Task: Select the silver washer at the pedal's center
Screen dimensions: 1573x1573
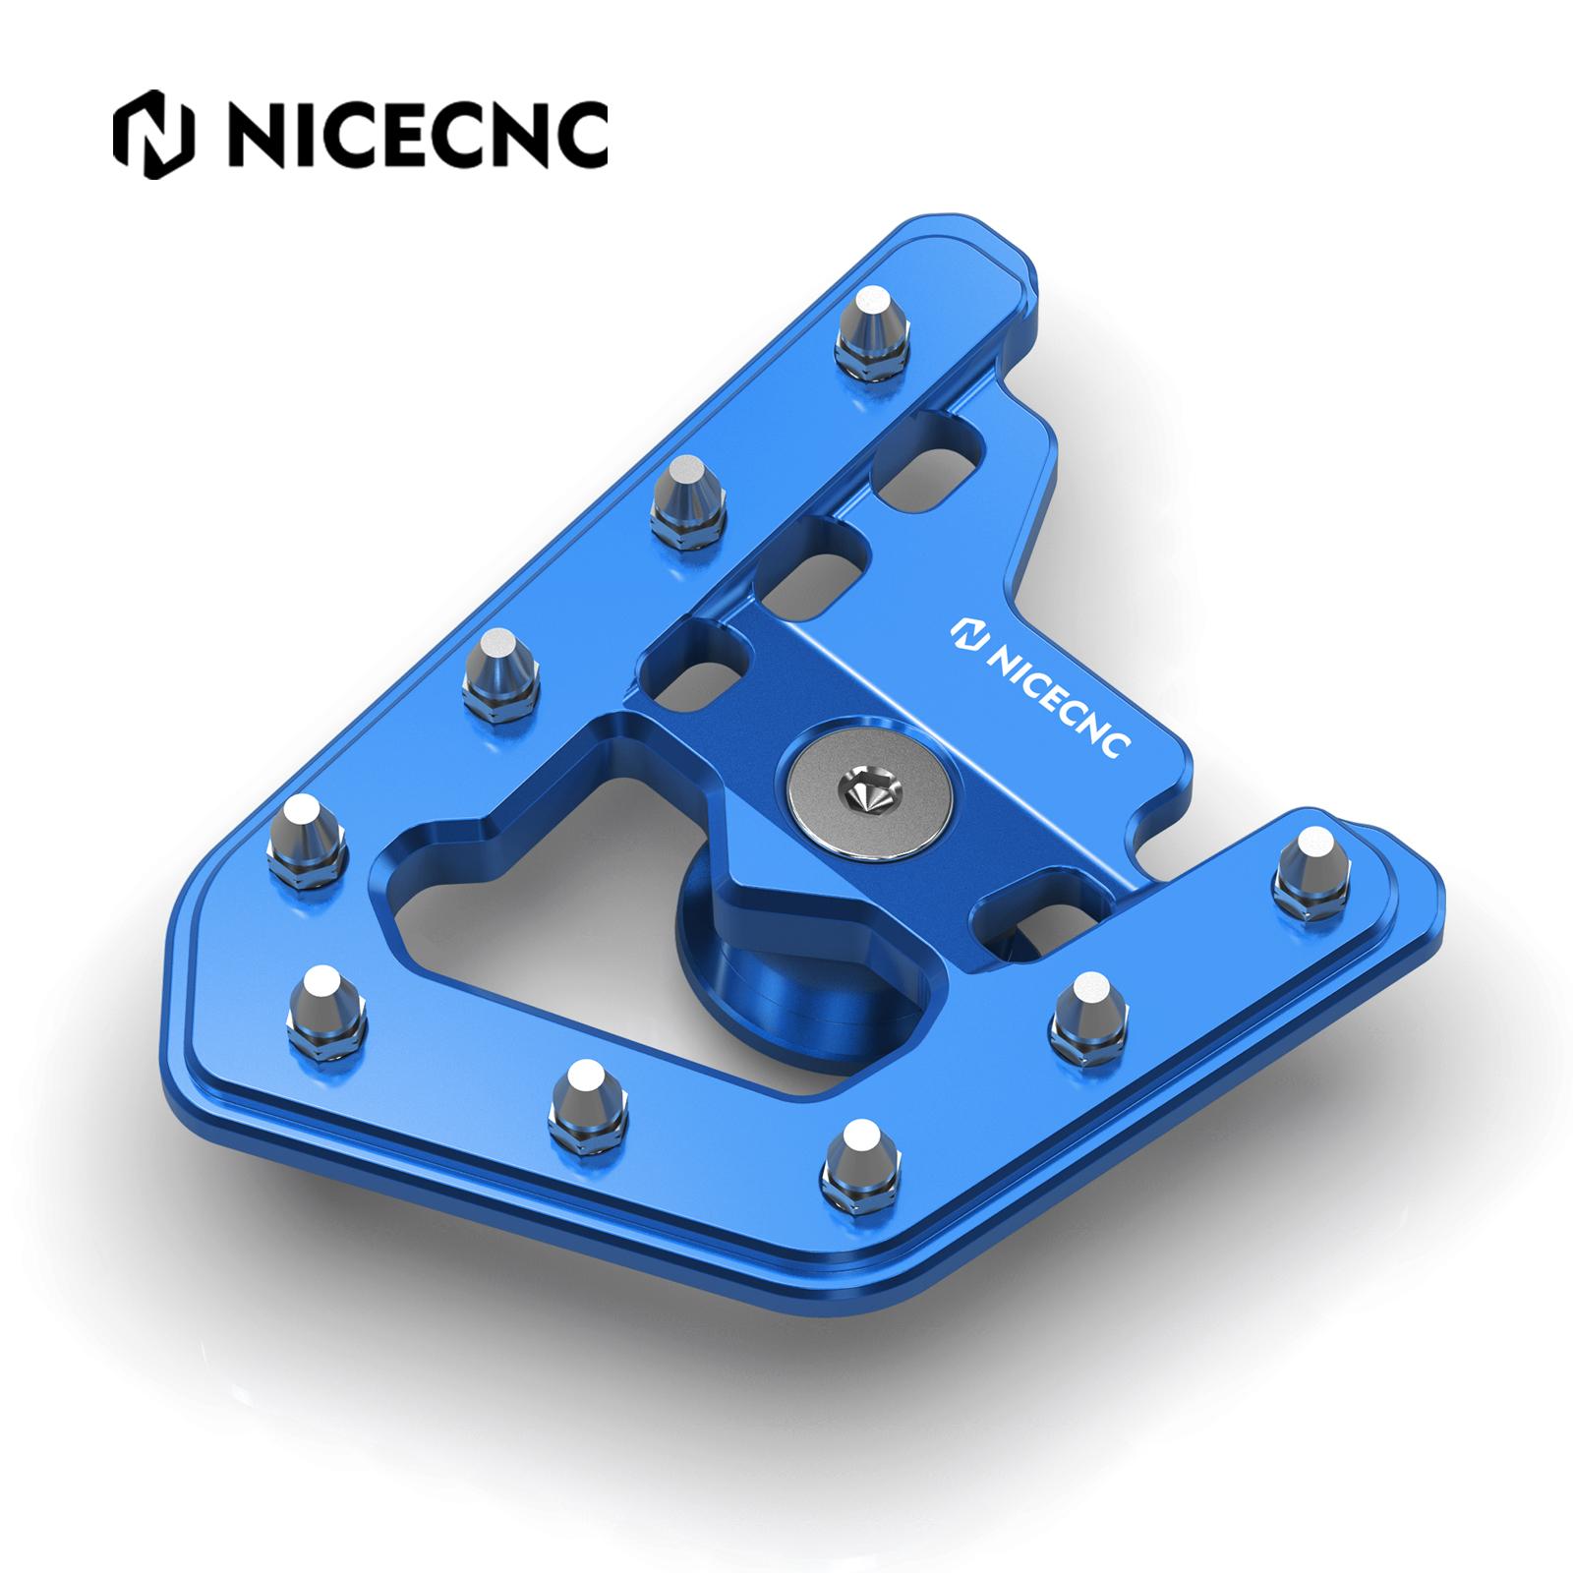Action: point(871,786)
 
